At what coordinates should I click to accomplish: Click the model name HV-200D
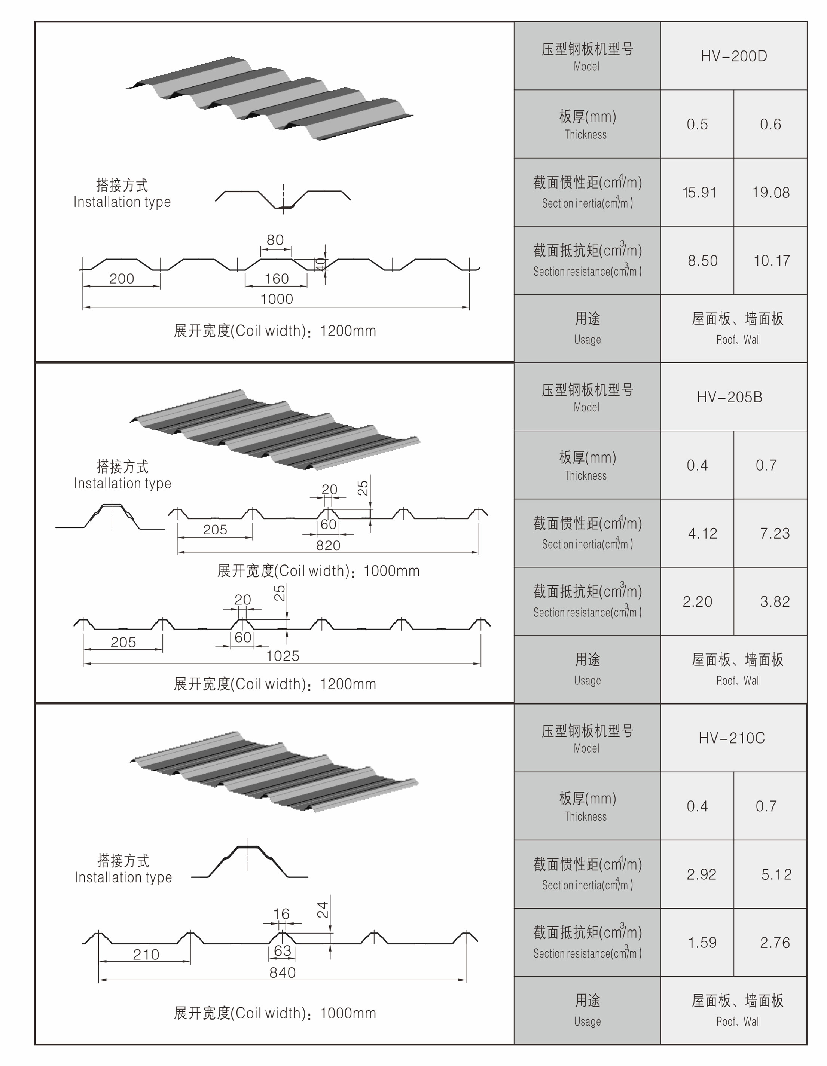coord(733,56)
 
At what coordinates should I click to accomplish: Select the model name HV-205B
coord(729,397)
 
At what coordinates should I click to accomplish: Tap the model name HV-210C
coord(731,738)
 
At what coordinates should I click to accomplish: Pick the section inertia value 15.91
coord(699,192)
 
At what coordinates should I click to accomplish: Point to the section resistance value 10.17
coord(771,261)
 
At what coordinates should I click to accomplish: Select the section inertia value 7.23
coord(774,533)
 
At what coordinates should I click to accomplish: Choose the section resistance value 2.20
coord(697,601)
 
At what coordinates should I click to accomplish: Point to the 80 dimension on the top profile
coord(275,240)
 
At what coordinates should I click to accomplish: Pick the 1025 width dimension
coord(282,656)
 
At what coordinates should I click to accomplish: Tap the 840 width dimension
coord(282,972)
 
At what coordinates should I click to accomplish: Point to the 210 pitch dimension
coord(146,954)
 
